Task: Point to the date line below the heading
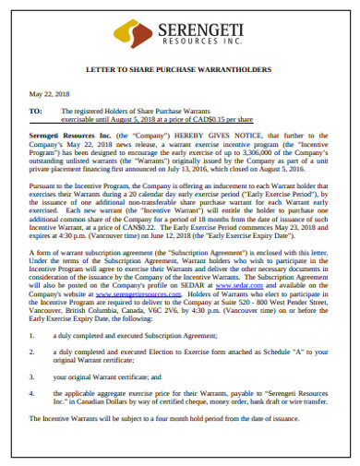tap(50, 93)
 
